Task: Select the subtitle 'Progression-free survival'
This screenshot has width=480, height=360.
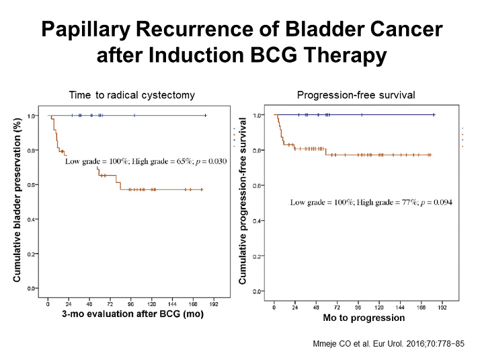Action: point(356,95)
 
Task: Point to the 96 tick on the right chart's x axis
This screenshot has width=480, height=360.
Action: point(358,308)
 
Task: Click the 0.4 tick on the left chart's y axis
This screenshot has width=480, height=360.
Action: point(32,219)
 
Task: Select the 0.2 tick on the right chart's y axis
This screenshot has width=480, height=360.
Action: point(257,256)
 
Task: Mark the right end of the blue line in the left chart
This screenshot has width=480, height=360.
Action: point(206,116)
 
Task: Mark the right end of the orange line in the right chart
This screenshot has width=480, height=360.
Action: point(430,155)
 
